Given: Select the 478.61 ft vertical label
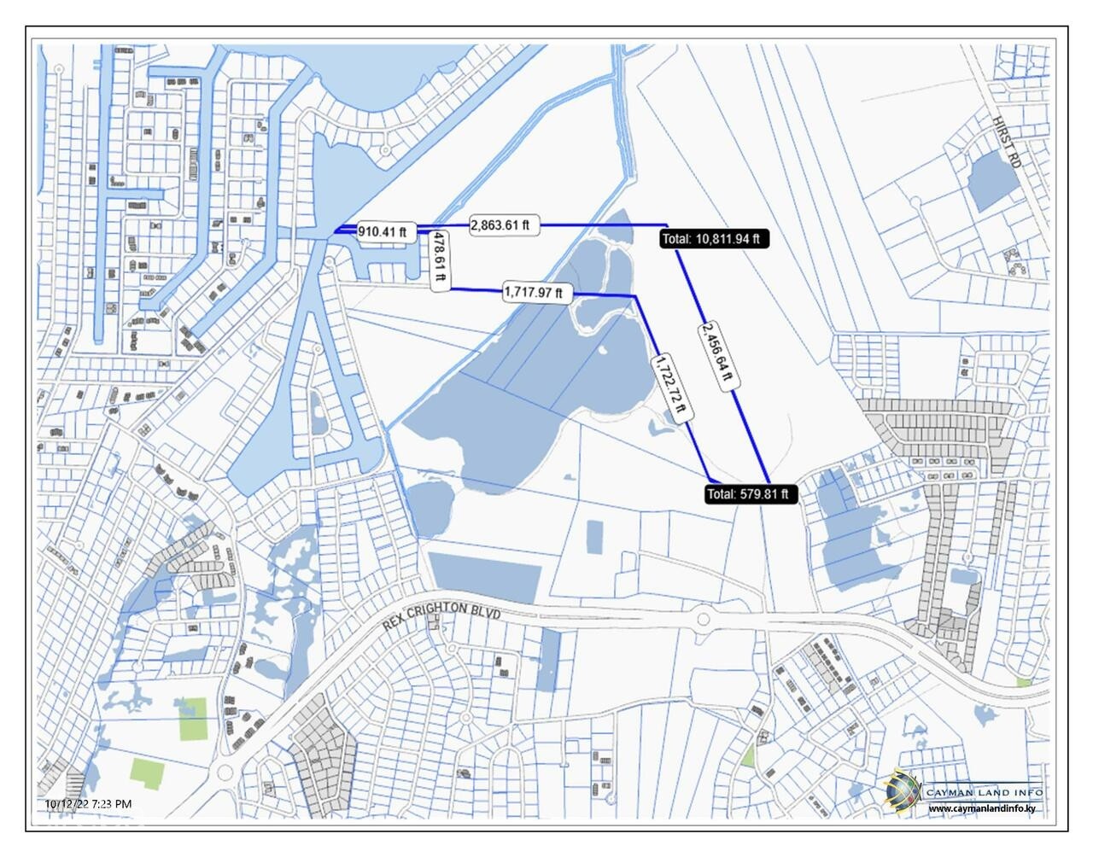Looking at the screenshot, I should click(x=439, y=260).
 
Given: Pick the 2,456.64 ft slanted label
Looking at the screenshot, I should click(x=717, y=355).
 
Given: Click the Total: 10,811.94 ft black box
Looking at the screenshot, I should click(x=715, y=239).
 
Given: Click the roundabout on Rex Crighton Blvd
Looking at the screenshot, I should click(x=703, y=620).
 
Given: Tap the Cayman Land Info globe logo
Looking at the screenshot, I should click(x=903, y=790).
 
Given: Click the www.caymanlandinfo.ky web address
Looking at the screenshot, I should click(x=985, y=808).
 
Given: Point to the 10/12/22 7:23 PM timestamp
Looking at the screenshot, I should click(x=88, y=803).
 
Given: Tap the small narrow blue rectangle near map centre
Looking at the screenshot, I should click(x=595, y=537).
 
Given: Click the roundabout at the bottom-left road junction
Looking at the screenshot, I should click(x=225, y=773).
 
